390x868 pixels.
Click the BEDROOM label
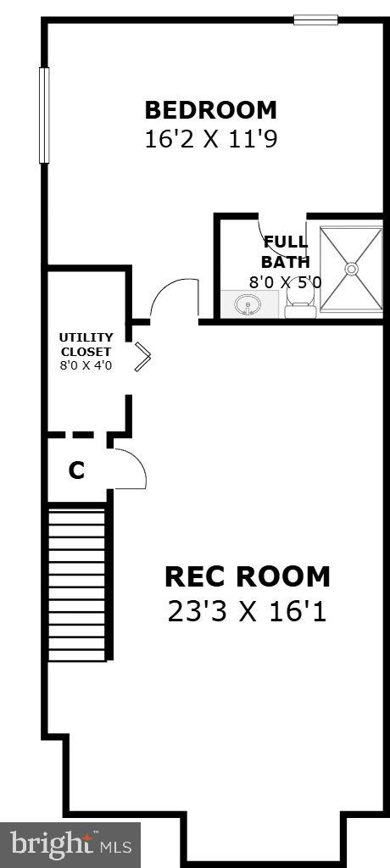point(210,110)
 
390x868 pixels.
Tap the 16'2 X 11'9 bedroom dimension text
point(210,140)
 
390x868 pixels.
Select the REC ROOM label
point(247,576)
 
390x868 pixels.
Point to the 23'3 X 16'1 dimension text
point(247,612)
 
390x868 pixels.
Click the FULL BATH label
point(286,252)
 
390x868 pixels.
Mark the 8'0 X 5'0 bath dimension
point(286,281)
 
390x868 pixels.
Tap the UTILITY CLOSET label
point(86,344)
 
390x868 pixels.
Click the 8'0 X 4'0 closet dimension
point(86,365)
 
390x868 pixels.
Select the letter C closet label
point(76,470)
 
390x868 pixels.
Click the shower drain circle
point(352,269)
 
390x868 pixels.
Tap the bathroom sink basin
point(248,304)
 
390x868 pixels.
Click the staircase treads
point(76,585)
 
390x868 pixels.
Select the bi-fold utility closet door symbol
point(143,357)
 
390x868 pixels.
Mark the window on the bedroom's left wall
point(44,115)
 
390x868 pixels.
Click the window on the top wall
point(315,20)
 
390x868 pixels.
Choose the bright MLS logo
point(70,845)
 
